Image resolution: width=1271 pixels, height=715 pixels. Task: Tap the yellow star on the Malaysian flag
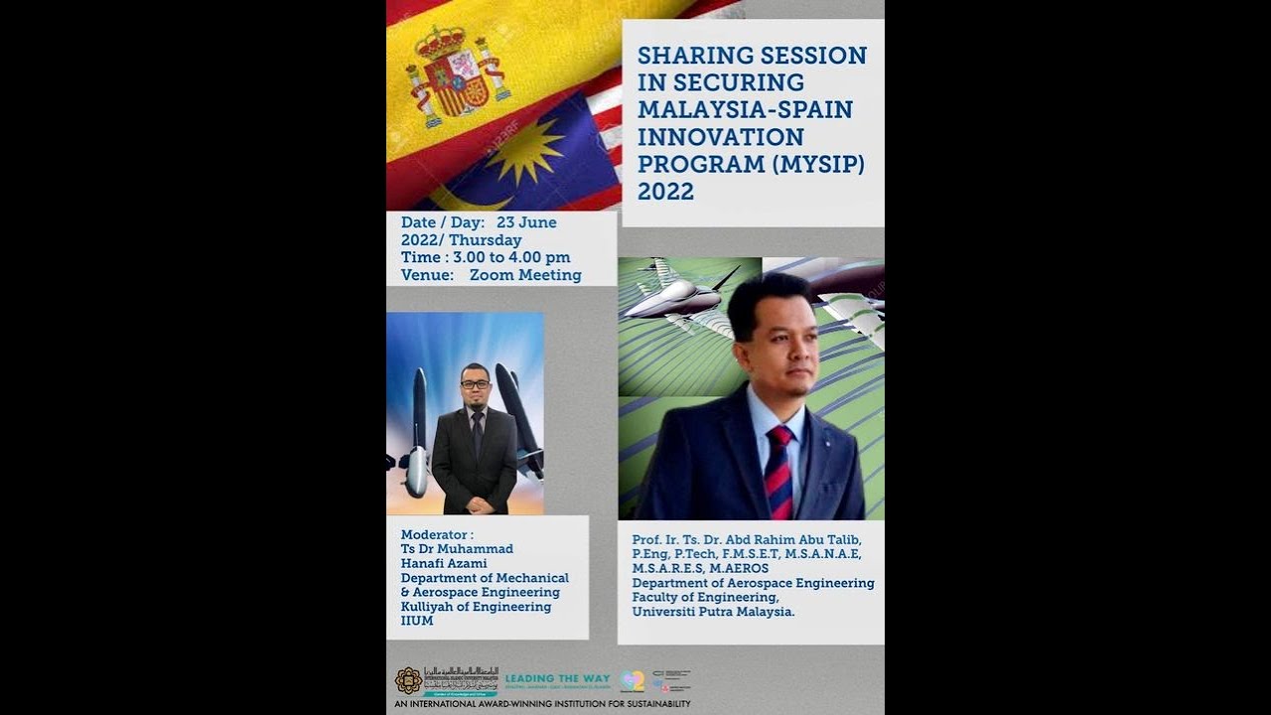pos(524,150)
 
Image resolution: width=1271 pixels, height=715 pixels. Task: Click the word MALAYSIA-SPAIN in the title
pos(745,108)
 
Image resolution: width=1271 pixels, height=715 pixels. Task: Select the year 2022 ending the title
pos(665,191)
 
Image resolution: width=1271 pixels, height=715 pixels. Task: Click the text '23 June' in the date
pos(526,222)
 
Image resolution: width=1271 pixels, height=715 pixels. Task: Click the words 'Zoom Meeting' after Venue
pos(525,275)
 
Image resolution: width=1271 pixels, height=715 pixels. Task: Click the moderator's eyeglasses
pos(475,384)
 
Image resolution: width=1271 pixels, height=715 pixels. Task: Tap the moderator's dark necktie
pos(478,433)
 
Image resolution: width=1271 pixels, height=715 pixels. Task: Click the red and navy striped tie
pos(778,472)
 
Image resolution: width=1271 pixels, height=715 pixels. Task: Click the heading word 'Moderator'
pos(434,534)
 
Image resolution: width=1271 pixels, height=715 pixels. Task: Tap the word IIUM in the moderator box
pos(417,621)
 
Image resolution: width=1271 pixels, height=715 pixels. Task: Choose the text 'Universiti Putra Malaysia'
pos(713,612)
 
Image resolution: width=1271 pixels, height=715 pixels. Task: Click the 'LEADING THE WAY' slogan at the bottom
pos(557,678)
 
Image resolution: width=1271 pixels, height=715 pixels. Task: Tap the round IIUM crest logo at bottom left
pos(408,680)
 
